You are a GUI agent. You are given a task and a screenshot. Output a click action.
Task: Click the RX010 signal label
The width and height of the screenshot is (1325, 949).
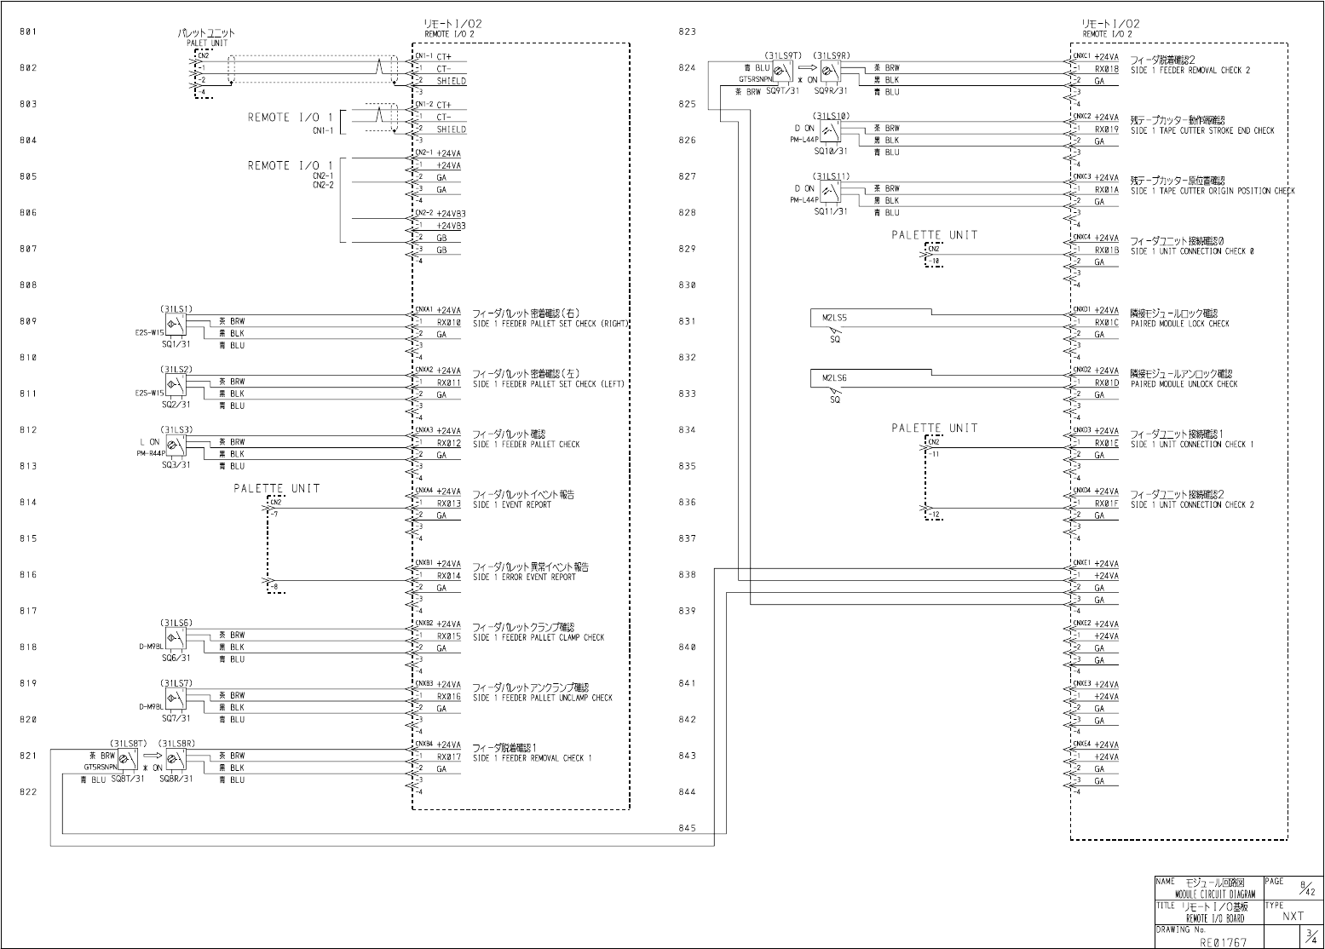pos(448,323)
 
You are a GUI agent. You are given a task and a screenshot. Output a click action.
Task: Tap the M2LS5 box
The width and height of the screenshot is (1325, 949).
pos(834,318)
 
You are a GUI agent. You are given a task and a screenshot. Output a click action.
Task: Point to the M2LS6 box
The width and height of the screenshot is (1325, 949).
pos(834,378)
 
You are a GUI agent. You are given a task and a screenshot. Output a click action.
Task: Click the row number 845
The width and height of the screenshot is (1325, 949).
pos(687,828)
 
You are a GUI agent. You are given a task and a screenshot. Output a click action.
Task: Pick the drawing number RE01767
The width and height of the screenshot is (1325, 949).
pos(1223,942)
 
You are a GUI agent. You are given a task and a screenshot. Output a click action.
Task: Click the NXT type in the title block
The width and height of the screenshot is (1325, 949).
pos(1293,917)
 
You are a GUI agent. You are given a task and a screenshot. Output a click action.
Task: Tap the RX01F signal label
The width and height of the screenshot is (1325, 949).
pos(1106,503)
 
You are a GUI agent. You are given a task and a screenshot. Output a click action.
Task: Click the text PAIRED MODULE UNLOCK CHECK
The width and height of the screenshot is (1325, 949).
pos(1184,384)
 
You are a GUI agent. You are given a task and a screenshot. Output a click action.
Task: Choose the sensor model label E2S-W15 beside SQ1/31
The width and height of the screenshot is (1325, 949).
pos(149,333)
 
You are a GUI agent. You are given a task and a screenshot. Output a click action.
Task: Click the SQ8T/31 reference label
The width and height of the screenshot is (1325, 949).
pos(128,779)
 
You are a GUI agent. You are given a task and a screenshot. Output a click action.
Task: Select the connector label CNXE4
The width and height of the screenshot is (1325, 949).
pos(1082,744)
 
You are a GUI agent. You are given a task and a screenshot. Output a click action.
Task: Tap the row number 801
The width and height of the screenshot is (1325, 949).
pos(28,32)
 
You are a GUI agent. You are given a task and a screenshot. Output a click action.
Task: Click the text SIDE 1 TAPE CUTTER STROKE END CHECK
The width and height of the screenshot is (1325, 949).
pos(1202,131)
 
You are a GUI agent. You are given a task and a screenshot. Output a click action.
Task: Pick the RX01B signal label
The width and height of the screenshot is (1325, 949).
pos(1106,250)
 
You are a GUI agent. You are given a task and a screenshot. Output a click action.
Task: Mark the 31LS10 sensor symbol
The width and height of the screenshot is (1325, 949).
pos(829,129)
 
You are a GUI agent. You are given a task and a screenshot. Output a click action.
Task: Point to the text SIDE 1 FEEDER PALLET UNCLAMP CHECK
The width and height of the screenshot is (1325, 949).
pos(542,698)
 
